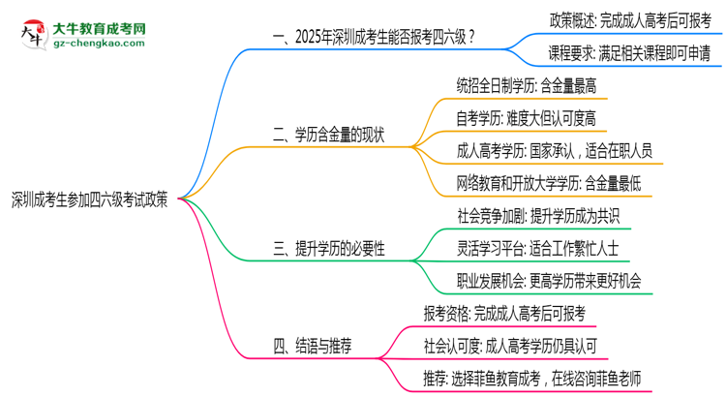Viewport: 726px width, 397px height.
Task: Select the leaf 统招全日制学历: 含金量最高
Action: tap(526, 85)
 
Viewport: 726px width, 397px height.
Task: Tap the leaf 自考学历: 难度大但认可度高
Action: tap(526, 117)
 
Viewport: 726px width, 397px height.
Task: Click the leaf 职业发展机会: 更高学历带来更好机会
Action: tap(549, 281)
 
